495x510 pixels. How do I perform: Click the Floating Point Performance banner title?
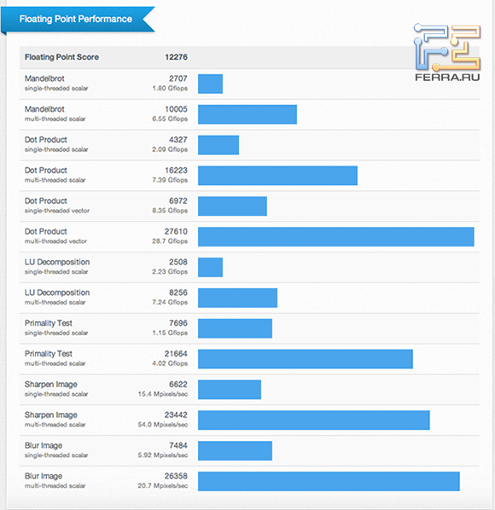[x=76, y=19]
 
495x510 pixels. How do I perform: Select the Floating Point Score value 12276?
[x=176, y=58]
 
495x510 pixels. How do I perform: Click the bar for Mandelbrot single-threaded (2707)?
[x=210, y=84]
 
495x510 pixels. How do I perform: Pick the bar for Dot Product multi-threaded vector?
[x=335, y=236]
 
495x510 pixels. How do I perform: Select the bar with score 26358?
[x=329, y=481]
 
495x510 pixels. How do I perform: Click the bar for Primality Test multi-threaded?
[x=305, y=359]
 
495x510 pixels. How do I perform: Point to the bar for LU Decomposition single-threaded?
[x=210, y=267]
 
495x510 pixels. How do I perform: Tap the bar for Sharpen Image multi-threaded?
[x=313, y=420]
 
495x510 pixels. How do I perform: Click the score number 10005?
[x=176, y=109]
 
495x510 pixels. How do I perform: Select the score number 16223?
[x=176, y=171]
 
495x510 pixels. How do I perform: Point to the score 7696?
[x=178, y=323]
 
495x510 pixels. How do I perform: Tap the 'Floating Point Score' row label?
[x=61, y=58]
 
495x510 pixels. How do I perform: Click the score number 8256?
[x=178, y=293]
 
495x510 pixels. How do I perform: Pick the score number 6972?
[x=178, y=200]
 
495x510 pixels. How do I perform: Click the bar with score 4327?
[x=218, y=145]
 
